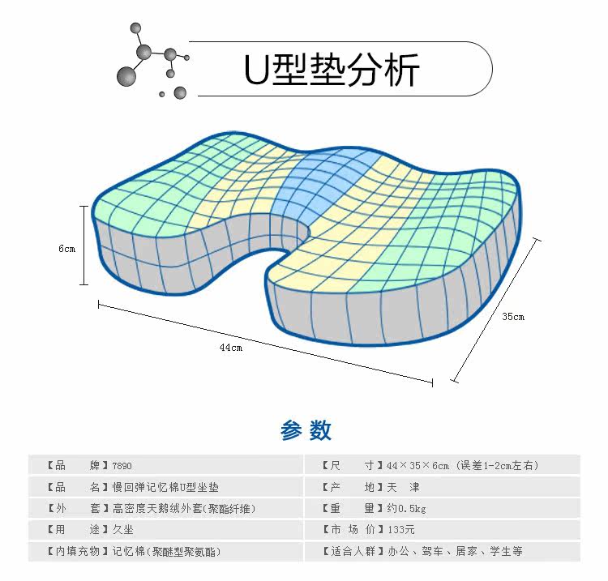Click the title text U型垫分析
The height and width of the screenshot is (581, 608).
332,70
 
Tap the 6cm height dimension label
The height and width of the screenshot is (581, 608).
66,249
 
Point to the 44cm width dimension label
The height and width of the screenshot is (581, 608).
230,348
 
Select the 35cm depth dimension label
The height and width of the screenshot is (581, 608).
512,316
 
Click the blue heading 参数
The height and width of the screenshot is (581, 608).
306,430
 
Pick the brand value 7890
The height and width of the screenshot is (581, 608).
122,466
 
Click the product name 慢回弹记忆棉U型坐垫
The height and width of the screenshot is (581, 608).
165,487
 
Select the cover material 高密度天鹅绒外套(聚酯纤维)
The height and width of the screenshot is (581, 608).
183,509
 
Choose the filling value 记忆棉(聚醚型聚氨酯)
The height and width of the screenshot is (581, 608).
165,551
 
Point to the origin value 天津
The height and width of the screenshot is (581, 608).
403,487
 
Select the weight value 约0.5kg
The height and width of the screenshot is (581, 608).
406,509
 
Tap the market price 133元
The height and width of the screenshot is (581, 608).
401,530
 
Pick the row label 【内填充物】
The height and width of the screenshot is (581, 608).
68,551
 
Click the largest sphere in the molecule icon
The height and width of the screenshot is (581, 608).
126,77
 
